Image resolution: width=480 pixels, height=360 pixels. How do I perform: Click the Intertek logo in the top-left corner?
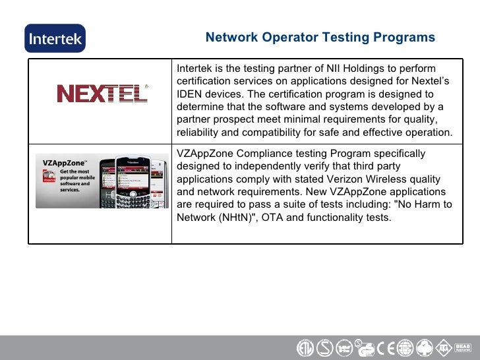pos(55,38)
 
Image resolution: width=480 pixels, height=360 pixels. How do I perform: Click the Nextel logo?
pos(102,93)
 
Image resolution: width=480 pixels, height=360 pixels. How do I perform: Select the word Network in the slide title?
pos(231,38)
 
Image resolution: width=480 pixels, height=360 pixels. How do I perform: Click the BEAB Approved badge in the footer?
pos(464,347)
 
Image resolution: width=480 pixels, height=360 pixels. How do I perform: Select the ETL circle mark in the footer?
pos(304,347)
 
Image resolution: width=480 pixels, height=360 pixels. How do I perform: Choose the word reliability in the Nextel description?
pos(200,133)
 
